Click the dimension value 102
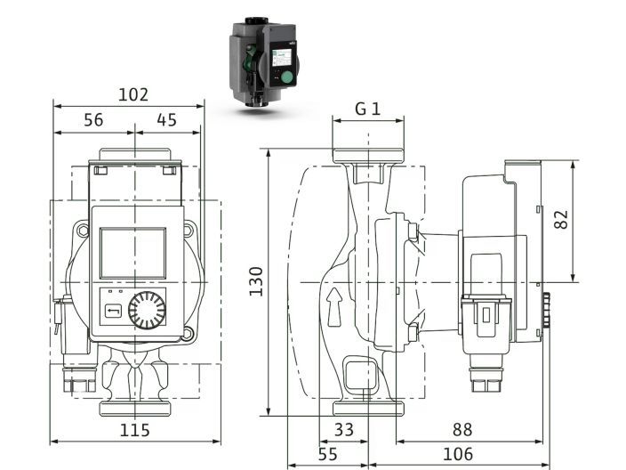click(x=132, y=94)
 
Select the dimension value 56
click(x=93, y=119)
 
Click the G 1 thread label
click(x=367, y=109)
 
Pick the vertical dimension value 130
click(x=256, y=281)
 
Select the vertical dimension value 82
click(x=561, y=220)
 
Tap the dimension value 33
click(x=343, y=429)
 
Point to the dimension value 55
click(x=327, y=454)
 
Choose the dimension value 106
click(x=457, y=454)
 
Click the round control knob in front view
click(x=146, y=311)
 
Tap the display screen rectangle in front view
click(x=132, y=252)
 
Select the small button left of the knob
click(x=113, y=311)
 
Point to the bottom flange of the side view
click(x=367, y=409)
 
